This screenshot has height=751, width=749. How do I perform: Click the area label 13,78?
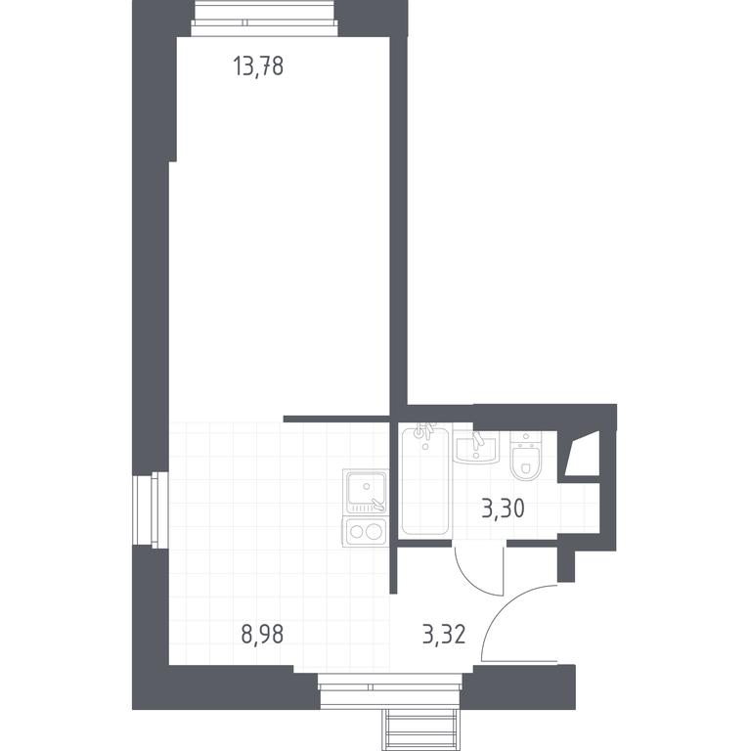click(x=258, y=66)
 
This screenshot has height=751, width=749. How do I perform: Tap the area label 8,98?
click(x=262, y=634)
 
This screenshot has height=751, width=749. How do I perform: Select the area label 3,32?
click(x=444, y=634)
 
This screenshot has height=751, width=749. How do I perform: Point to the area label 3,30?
click(x=503, y=508)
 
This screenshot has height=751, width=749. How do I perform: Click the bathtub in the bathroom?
click(x=425, y=481)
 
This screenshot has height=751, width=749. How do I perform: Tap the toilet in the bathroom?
click(x=526, y=456)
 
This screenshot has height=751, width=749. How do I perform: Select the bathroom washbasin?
click(x=476, y=447)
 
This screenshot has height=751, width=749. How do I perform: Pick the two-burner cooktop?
click(x=366, y=532)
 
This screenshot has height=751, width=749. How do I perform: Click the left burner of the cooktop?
click(x=356, y=532)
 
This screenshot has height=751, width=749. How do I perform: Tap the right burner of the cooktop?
click(x=374, y=531)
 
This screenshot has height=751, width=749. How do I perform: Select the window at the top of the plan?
click(x=265, y=20)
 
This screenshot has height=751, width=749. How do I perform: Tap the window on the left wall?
click(x=151, y=509)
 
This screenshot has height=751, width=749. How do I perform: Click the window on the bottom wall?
click(x=390, y=689)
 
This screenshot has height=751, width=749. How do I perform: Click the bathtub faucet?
click(x=424, y=431)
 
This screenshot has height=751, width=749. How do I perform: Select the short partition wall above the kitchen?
click(x=336, y=420)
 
